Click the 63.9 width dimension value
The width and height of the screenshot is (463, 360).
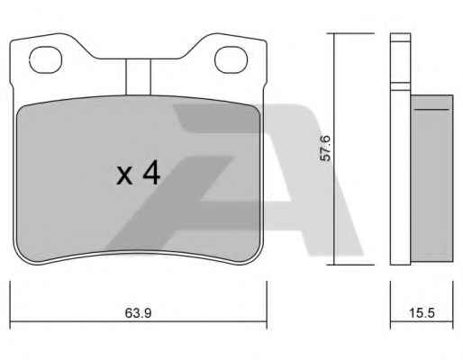click(x=138, y=313)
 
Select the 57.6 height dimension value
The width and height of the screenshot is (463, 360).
click(x=325, y=148)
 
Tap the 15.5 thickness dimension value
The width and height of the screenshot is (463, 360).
click(x=422, y=313)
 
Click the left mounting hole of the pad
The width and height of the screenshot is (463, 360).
click(x=46, y=59)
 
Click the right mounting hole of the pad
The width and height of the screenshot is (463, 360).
click(x=231, y=59)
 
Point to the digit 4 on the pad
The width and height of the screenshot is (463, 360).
click(x=151, y=172)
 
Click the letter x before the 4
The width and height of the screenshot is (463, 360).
click(x=124, y=175)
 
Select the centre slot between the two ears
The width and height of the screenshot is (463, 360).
click(x=138, y=77)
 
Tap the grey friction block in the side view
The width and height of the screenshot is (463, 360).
click(x=431, y=178)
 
